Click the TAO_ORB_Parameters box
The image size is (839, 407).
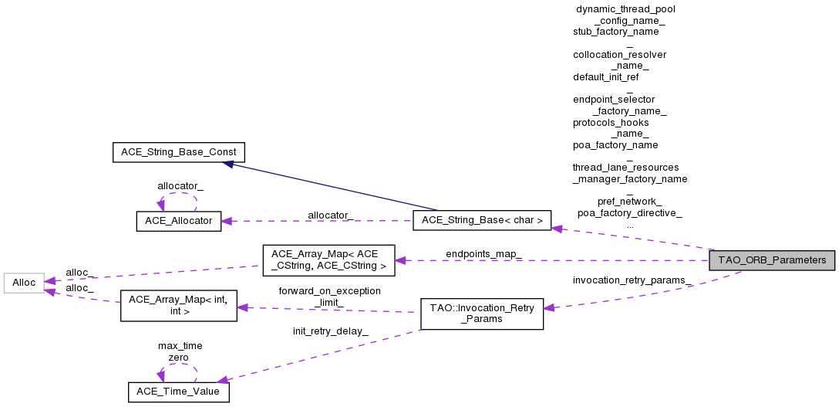772,260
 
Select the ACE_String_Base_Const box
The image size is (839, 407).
179,151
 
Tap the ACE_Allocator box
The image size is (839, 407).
179,221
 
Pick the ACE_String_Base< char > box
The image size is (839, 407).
482,221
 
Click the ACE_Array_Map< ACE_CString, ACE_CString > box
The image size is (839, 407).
329,260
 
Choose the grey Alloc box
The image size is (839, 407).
24,283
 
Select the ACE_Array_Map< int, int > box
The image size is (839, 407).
177,306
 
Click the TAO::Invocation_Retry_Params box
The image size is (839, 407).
481,314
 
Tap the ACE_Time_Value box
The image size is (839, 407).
179,392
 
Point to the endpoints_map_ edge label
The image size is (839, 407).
484,254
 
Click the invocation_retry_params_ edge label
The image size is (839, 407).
631,280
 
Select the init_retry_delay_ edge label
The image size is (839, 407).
330,331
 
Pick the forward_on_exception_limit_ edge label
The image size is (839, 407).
329,297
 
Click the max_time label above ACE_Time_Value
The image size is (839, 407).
180,346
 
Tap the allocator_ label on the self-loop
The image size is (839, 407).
180,186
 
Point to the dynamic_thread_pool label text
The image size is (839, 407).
625,8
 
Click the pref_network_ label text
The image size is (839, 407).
629,202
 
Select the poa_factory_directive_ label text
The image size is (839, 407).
629,212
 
